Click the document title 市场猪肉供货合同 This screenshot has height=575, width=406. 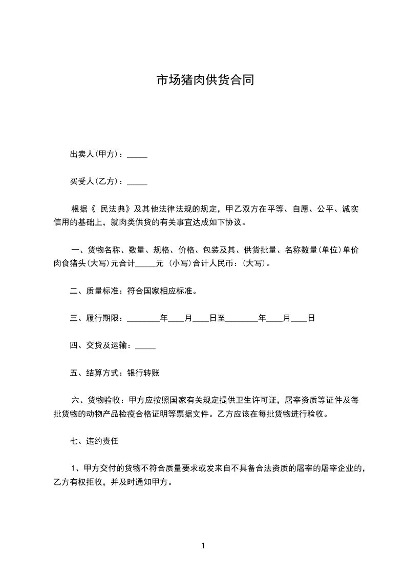point(205,81)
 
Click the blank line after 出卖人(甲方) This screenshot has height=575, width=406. point(137,155)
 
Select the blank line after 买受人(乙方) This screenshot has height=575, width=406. point(137,181)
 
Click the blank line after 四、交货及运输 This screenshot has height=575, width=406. point(145,346)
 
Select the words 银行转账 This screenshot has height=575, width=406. point(143,373)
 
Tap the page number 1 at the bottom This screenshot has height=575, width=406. point(203,546)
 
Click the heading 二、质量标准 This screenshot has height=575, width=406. point(94,291)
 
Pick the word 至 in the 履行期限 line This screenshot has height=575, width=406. point(221,318)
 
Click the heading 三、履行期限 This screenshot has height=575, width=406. point(94,318)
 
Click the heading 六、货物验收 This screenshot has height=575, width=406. point(95,400)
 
